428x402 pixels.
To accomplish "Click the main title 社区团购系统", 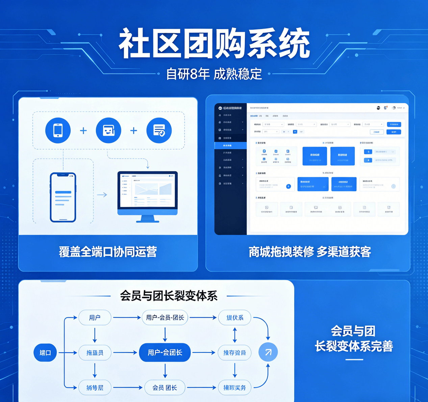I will (x=214, y=44).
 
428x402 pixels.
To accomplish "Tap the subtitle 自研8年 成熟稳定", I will (x=214, y=74).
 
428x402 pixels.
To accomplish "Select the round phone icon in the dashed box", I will (x=58, y=131).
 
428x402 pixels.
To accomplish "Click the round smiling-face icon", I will (x=108, y=131).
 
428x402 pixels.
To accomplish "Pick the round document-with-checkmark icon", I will (x=159, y=131).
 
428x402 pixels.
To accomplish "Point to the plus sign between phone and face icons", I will (x=83, y=131).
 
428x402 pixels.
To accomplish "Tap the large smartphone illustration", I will (x=63, y=197).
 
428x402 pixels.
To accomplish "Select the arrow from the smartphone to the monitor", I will (x=102, y=195).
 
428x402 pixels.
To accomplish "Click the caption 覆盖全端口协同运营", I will (x=108, y=252).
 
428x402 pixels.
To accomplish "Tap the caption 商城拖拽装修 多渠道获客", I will (x=310, y=252).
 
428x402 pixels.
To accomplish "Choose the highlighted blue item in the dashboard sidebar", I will (x=230, y=145).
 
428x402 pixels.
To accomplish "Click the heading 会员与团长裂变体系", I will (x=169, y=296).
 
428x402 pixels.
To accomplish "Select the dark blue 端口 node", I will (x=45, y=353).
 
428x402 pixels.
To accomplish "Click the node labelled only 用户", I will (x=95, y=318).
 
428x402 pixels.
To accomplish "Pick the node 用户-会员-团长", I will (x=165, y=318).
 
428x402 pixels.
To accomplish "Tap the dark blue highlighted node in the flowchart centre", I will (x=165, y=353).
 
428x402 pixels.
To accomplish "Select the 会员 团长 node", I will (x=165, y=388).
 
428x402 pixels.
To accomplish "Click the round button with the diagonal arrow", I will (x=268, y=352).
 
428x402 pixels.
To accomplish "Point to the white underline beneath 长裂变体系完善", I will (x=354, y=360).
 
